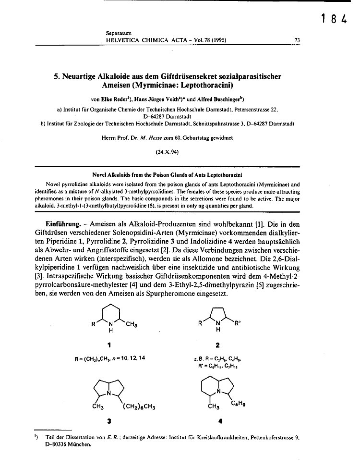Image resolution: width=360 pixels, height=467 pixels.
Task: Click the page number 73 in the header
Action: tap(297, 40)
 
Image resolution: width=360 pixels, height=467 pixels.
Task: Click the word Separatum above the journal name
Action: tap(119, 33)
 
